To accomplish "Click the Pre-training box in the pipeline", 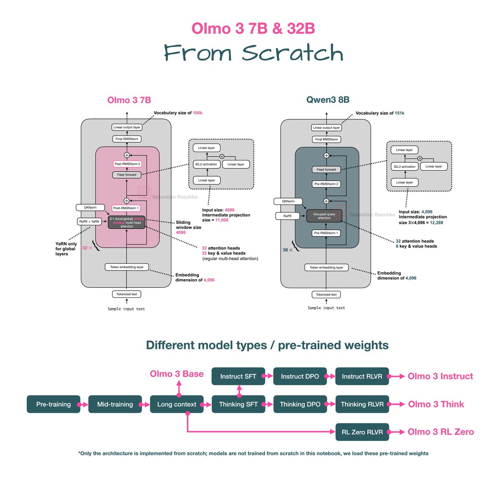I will (x=54, y=404).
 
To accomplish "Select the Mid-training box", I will (x=115, y=404).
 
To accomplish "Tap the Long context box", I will (x=177, y=404).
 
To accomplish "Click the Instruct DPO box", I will (x=300, y=376).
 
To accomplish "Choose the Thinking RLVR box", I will (x=362, y=404).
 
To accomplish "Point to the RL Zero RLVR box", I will (x=362, y=432).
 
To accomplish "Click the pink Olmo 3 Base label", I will (x=177, y=374).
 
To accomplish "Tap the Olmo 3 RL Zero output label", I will (x=441, y=432).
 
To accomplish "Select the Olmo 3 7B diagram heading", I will (x=129, y=100).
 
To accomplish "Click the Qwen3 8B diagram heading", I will (x=328, y=100).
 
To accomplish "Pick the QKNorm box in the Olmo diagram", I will (x=90, y=207).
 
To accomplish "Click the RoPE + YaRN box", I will (x=90, y=221).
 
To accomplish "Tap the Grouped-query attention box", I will (x=324, y=216).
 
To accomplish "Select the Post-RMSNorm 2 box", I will (x=127, y=164).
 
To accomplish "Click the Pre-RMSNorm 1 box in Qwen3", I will (x=326, y=233).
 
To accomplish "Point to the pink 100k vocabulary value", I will (x=197, y=113).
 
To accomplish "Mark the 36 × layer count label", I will (x=287, y=250).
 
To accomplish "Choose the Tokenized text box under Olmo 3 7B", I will (x=126, y=294).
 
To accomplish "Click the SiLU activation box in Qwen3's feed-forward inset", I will (x=405, y=166).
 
